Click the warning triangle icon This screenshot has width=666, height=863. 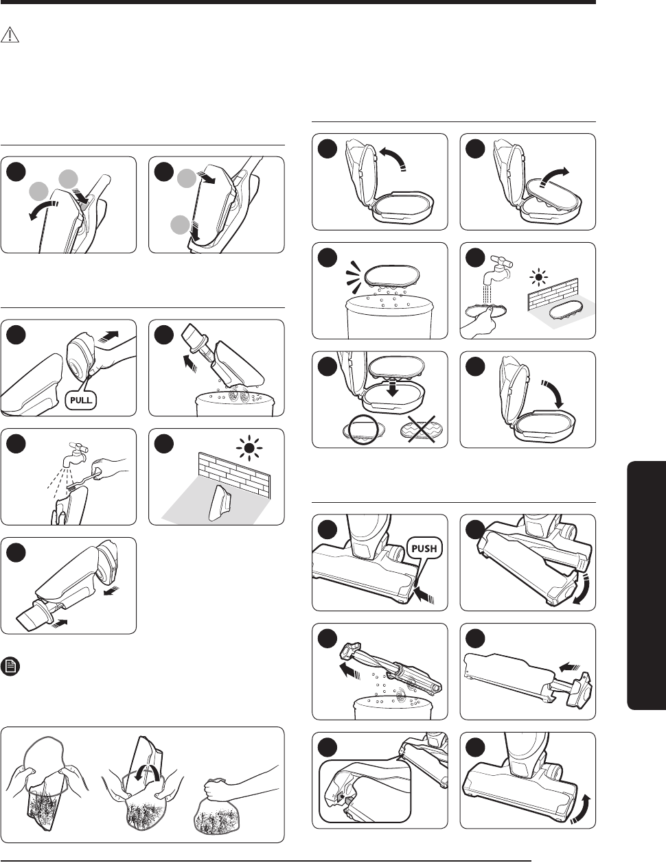(10, 35)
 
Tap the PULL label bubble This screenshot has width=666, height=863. (80, 400)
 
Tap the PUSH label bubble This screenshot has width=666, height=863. (424, 548)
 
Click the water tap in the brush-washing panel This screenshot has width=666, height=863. (75, 453)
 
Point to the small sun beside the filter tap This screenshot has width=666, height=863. (539, 276)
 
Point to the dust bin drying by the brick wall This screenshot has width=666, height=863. (222, 503)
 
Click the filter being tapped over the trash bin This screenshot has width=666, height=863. (392, 276)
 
